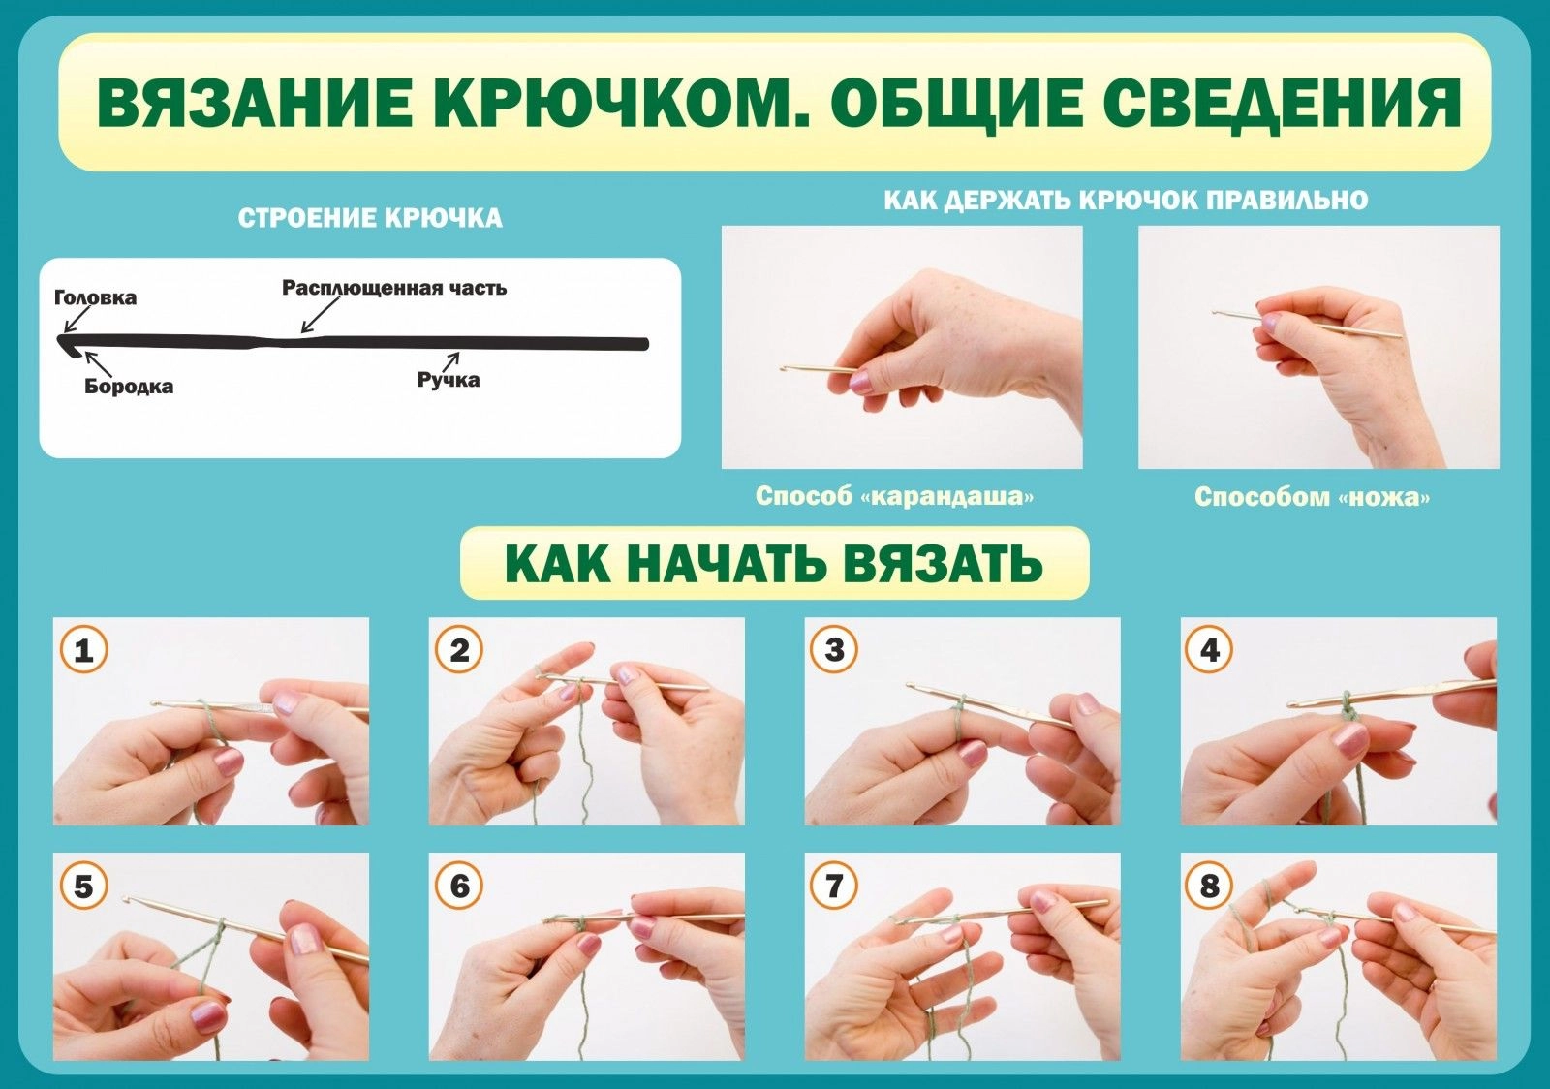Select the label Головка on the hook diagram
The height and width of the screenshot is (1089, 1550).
tap(96, 298)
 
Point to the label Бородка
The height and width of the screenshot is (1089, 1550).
tap(129, 386)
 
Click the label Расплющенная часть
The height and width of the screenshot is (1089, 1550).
tap(394, 288)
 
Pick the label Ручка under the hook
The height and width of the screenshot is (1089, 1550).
tap(449, 380)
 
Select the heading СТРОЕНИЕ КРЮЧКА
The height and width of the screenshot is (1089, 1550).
tap(370, 219)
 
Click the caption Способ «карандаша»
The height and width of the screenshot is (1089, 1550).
tap(895, 496)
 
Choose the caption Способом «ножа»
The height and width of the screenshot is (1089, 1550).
tap(1312, 497)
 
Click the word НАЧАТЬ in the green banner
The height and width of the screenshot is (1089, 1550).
tap(728, 564)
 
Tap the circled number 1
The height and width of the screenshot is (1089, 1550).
tap(83, 650)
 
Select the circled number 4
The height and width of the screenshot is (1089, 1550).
tap(1210, 650)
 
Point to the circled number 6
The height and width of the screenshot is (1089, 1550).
tap(459, 886)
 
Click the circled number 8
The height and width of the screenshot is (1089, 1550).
tap(1210, 886)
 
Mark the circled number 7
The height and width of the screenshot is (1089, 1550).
tap(834, 886)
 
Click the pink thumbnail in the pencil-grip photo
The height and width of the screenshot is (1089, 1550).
tap(861, 382)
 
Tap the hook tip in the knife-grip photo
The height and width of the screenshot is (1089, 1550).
tap(1215, 313)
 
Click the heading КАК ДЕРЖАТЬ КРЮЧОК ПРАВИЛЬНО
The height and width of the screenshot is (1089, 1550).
tap(1126, 201)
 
